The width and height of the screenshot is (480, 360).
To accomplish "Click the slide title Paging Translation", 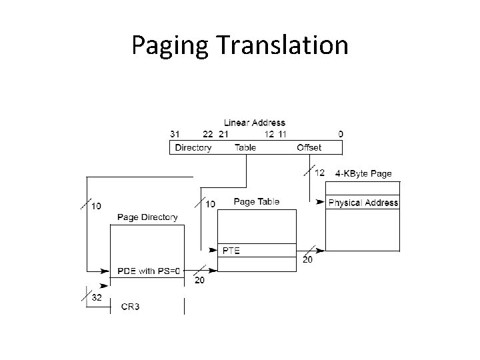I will click(x=240, y=45).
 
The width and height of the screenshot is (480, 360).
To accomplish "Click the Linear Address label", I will click(x=254, y=123).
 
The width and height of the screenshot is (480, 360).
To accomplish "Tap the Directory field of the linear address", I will click(x=193, y=147).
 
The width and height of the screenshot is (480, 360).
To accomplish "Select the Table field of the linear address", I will click(x=245, y=147).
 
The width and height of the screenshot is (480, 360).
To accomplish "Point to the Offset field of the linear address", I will click(x=309, y=147).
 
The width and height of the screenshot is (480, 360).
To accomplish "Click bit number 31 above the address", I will click(x=175, y=134).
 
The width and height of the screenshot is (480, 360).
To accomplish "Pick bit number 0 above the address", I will click(x=341, y=134).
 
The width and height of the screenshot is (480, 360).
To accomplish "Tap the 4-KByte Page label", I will click(x=363, y=173).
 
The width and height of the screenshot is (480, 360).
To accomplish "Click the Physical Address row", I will click(x=363, y=203).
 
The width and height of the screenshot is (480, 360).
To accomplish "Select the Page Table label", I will click(x=257, y=201).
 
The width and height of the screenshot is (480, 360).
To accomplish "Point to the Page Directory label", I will click(x=147, y=217).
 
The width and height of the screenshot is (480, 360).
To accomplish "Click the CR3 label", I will click(x=130, y=307).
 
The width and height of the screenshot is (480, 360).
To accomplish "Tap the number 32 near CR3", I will click(x=97, y=298).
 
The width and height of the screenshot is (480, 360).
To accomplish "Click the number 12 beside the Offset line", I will click(x=319, y=173).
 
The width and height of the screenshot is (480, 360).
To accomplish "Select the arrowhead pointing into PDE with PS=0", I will click(x=105, y=271).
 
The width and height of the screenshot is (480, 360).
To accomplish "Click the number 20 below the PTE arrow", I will click(x=307, y=259).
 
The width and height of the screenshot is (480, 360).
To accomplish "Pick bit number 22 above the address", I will click(x=208, y=134).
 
